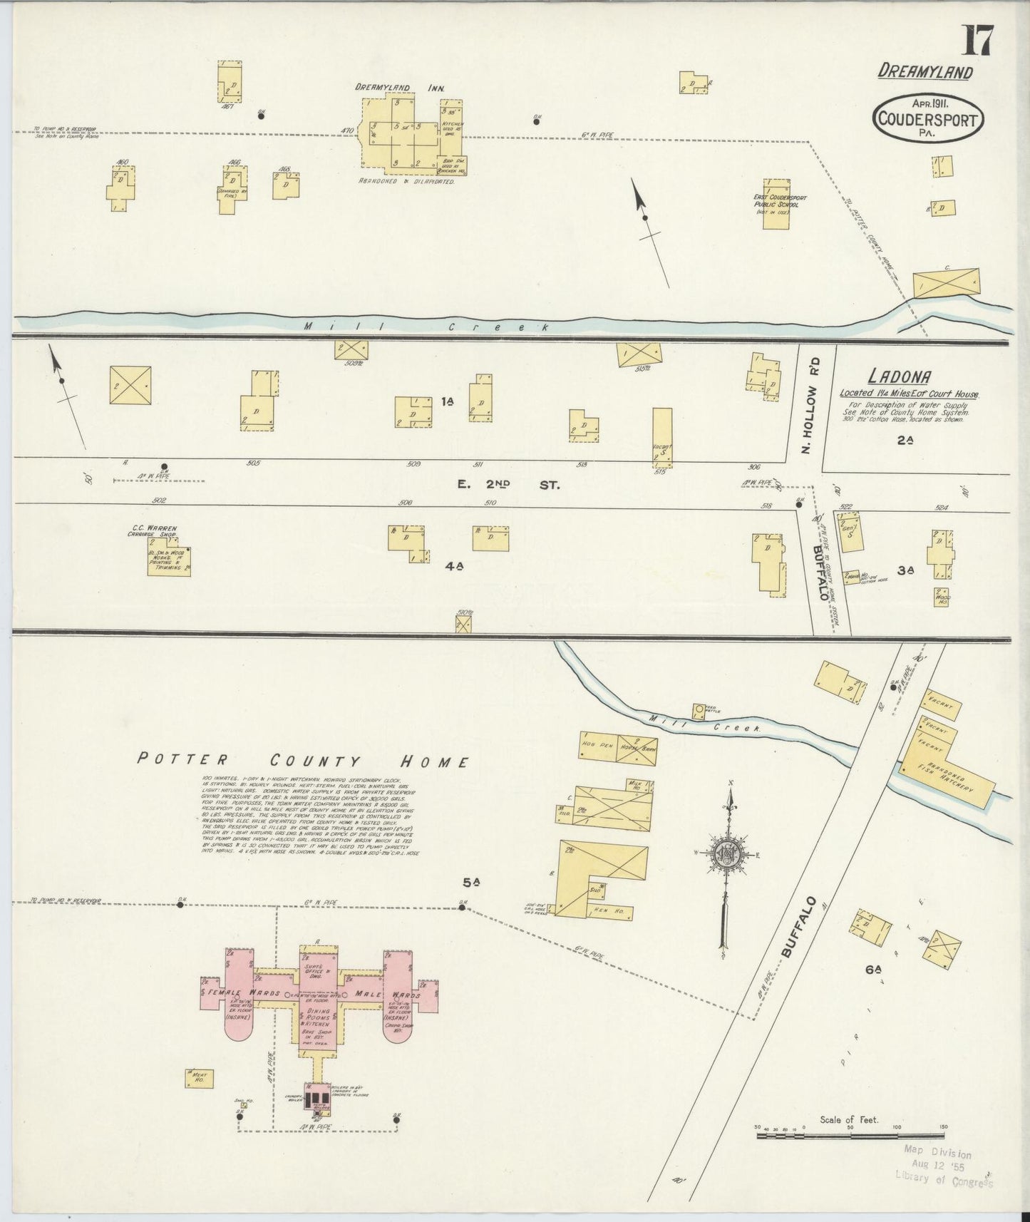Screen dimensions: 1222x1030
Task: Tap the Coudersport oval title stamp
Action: tap(927, 119)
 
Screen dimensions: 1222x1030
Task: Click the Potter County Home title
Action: tap(303, 761)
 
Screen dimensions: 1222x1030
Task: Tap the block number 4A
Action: tap(455, 566)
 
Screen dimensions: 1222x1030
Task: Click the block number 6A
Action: tap(874, 970)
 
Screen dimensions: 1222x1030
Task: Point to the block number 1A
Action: tap(447, 402)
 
